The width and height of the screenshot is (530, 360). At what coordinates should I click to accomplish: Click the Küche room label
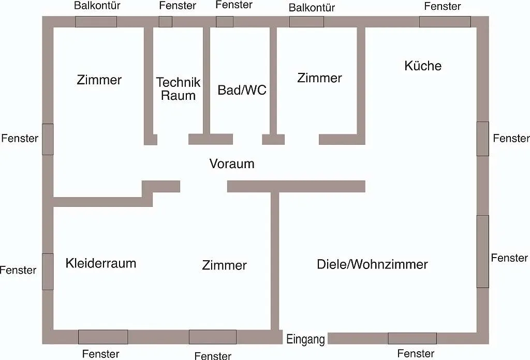tap(423, 66)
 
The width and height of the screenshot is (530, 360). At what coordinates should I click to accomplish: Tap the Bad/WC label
tap(242, 90)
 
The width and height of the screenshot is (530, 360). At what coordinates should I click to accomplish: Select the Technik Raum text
tap(178, 89)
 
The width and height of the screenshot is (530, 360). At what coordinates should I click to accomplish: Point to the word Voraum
tap(232, 163)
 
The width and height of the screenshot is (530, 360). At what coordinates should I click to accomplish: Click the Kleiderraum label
tap(101, 263)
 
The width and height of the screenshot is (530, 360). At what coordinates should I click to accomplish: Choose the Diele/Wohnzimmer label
tap(372, 264)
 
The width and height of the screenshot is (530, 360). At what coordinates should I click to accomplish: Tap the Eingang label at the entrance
tap(305, 339)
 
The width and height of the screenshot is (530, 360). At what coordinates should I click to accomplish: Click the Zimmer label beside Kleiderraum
tap(225, 265)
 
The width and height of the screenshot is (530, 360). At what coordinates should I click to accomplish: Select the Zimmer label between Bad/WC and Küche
tap(319, 78)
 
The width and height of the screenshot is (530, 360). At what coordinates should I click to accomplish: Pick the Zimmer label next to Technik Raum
tap(99, 80)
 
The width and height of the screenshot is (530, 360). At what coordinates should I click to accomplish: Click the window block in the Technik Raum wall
tap(166, 22)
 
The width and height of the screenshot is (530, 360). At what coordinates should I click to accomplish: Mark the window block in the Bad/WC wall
tap(225, 22)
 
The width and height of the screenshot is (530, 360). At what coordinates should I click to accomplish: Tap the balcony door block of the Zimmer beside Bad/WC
tap(306, 22)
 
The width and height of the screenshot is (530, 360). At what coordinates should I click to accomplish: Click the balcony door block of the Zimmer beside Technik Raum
tap(96, 22)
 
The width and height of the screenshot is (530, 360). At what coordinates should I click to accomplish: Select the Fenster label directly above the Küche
tap(443, 6)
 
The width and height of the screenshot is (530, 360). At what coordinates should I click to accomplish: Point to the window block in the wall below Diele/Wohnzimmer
tap(412, 338)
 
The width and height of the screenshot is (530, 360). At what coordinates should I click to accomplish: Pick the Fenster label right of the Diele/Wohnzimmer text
tap(509, 258)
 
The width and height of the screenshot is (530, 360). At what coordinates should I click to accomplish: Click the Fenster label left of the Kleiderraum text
tap(18, 270)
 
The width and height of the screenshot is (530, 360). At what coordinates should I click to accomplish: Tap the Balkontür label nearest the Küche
tap(312, 7)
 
